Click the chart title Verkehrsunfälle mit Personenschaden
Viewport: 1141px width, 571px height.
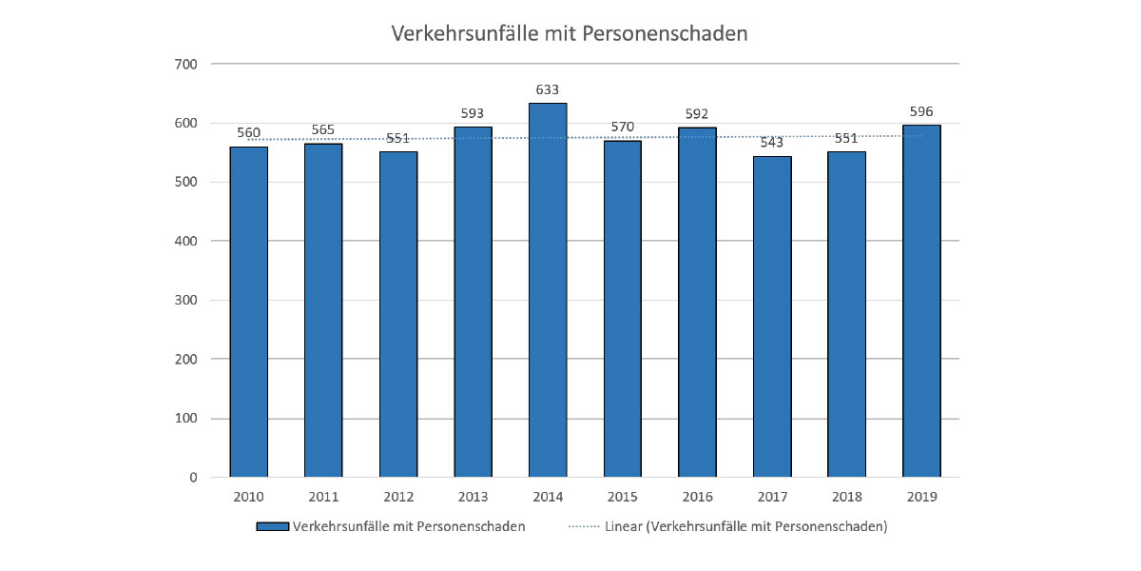click(570, 33)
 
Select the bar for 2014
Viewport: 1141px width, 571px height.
click(548, 290)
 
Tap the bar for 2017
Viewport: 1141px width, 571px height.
click(772, 317)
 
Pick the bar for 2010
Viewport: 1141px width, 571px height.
click(248, 312)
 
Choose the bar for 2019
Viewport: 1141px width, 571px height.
click(921, 301)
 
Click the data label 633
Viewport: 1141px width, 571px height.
click(548, 91)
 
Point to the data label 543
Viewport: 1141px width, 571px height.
click(772, 143)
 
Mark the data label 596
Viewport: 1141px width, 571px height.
click(921, 112)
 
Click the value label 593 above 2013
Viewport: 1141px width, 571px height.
click(473, 114)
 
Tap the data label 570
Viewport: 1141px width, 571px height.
click(622, 128)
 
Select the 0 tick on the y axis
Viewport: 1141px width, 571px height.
click(191, 478)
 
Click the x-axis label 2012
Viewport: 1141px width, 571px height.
click(397, 498)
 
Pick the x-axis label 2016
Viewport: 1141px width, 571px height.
click(697, 498)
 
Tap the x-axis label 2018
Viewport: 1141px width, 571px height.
click(846, 498)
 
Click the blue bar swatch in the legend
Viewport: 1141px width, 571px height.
click(273, 526)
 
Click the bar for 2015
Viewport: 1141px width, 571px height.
click(622, 309)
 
